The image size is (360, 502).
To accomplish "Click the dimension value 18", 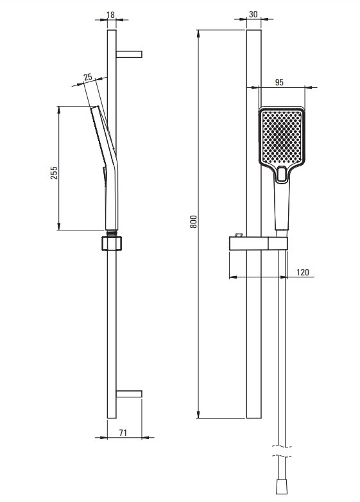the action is pos(110,15).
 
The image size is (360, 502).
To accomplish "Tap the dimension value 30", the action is pos(253,14).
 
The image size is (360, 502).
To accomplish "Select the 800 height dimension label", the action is pos(193,221).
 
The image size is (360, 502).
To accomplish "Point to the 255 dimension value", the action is pos(54,173).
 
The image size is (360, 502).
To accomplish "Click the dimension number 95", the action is pos(279,82).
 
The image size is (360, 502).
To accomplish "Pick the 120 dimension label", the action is pos(303,272).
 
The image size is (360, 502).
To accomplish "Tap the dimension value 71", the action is pos(123,433).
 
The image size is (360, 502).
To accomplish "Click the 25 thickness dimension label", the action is pos(88,77).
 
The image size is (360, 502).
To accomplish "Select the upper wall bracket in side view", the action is pos(129,54).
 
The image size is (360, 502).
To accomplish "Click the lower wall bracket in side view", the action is pos(129,394).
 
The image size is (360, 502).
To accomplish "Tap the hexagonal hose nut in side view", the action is pos(112,243).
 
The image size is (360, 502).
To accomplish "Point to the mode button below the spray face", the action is pos(282,174).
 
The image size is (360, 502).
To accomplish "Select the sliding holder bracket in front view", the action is pos(258,244).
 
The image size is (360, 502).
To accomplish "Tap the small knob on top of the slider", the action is pos(239,236).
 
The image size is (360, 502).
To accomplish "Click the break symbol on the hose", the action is pos(282,451).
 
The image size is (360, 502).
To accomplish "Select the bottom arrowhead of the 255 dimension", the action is pos(58,226).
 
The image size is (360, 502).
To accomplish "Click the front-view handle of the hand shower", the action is pos(282,205).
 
